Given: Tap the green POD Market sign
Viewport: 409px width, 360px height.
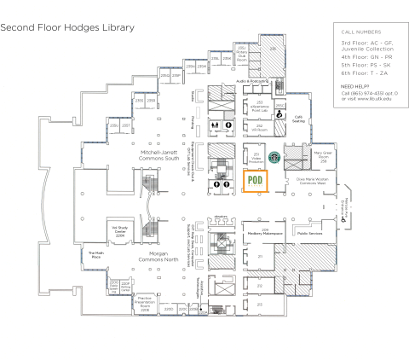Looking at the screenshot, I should tap(254, 181).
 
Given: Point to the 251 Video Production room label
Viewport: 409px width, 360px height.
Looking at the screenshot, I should tap(255, 158).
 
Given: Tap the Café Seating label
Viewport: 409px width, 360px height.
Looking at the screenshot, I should tap(298, 119).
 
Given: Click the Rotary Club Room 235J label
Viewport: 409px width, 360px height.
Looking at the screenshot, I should tap(241, 55).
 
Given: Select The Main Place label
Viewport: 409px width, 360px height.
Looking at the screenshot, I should tap(95, 254).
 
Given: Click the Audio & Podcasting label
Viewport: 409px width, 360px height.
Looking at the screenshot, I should tap(252, 80).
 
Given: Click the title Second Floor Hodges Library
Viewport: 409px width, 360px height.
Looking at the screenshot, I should tap(67, 27).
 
